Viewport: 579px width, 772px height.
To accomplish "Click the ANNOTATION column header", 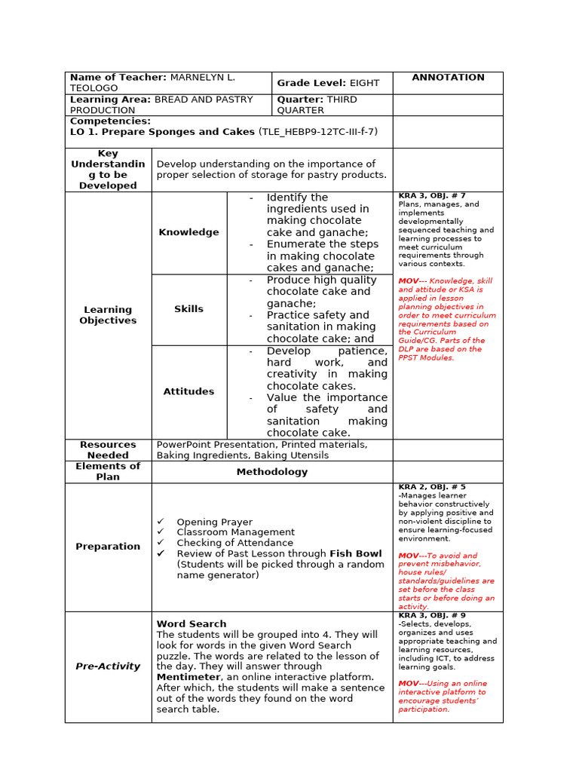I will tap(448, 78).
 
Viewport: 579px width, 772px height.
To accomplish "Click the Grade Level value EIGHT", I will tap(365, 83).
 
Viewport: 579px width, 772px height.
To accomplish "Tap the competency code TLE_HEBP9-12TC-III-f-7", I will tap(318, 132).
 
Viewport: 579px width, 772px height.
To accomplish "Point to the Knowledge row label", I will tap(188, 232).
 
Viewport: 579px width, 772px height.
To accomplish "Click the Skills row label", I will tap(188, 309).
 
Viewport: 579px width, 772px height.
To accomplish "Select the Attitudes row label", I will tap(188, 391).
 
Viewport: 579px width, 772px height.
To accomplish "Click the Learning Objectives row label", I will tap(108, 315).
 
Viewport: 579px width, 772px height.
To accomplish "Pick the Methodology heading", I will tap(271, 472).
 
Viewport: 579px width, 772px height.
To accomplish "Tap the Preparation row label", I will tap(108, 547).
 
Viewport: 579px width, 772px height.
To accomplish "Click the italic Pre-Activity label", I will tap(108, 666).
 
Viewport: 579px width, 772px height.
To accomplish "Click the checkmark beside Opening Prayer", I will tap(161, 522).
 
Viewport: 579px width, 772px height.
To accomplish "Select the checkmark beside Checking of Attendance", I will tap(161, 543).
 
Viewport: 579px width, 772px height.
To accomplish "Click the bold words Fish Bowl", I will tap(357, 553).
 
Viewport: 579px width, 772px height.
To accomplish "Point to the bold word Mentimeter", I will tap(188, 677).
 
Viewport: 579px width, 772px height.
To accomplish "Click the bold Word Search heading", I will tap(191, 624).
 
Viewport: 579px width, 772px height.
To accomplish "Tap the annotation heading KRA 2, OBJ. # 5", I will tap(432, 487).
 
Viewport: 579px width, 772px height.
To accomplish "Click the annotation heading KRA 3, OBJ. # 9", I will tap(432, 615).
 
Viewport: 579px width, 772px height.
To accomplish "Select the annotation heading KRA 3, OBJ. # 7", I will tap(432, 196).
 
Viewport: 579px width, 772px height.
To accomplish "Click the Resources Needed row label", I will tap(108, 450).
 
